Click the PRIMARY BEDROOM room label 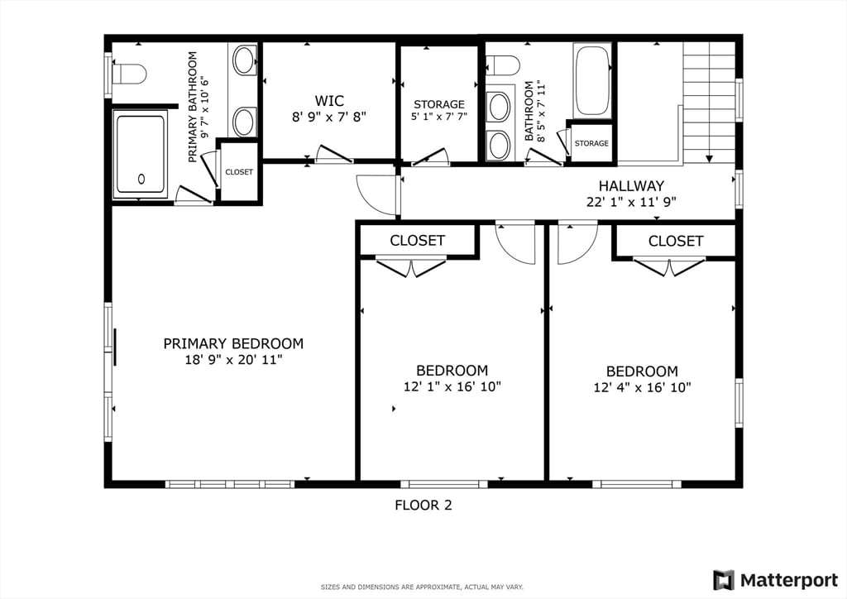click(232, 343)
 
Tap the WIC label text click(328, 101)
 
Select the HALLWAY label click(631, 186)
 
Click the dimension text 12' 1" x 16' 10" click(452, 386)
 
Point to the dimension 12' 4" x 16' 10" click(642, 387)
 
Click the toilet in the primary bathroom click(128, 74)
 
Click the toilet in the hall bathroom click(503, 65)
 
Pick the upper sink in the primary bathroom click(243, 60)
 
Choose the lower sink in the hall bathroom click(499, 145)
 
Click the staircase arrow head click(709, 158)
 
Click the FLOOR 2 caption click(423, 505)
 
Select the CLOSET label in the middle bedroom click(417, 241)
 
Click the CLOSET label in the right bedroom click(675, 241)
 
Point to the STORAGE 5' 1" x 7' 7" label click(439, 110)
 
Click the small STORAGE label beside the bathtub click(591, 143)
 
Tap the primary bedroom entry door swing click(375, 195)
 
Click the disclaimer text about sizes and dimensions click(422, 587)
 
